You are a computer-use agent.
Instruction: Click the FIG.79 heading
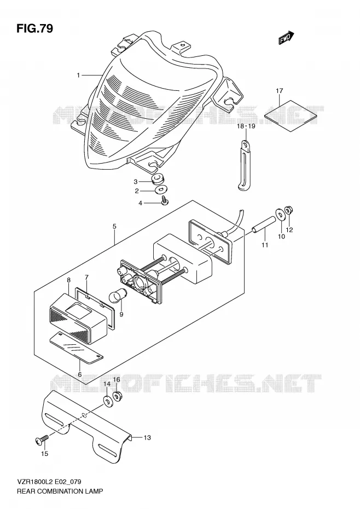[x=34, y=28]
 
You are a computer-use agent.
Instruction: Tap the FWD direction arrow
[x=286, y=38]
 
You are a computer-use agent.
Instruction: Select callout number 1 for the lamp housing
[x=78, y=76]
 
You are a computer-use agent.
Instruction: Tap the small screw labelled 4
[x=165, y=201]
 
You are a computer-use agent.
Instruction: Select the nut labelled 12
[x=288, y=211]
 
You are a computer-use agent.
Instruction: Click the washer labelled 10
[x=279, y=215]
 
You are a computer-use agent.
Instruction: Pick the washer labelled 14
[x=107, y=401]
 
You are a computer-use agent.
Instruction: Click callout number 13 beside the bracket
[x=147, y=438]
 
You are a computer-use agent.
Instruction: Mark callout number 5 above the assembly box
[x=114, y=226]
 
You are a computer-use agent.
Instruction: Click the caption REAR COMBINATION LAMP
[x=60, y=491]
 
